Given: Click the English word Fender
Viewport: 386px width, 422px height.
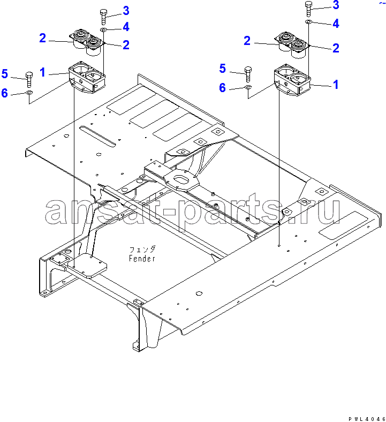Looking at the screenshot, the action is (x=142, y=258).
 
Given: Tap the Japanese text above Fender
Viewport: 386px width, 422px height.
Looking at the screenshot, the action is (x=142, y=250).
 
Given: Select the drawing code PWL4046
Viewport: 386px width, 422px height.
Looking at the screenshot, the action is (x=367, y=419).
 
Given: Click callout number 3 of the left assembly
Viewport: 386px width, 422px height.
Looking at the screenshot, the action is (x=126, y=11).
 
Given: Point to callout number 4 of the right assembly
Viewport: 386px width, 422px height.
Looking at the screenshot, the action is (x=336, y=24).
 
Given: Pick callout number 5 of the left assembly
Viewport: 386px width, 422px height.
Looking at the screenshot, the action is (x=5, y=74).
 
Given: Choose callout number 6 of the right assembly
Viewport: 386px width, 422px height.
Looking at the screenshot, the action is (x=222, y=88).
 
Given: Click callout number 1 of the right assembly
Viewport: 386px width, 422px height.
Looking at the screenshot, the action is (x=336, y=85).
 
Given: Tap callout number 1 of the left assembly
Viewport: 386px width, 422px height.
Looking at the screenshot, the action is (x=42, y=72).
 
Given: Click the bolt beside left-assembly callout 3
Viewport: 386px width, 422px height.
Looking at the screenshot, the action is (x=103, y=17).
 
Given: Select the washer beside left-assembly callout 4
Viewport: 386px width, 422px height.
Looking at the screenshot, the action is (x=103, y=29).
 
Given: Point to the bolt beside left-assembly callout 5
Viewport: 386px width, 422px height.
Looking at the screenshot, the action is (x=29, y=79).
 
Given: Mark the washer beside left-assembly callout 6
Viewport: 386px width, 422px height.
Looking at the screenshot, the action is (x=29, y=93).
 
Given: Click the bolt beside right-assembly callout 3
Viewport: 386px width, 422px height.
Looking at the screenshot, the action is (x=308, y=9).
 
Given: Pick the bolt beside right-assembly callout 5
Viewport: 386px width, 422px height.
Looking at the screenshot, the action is (x=248, y=74).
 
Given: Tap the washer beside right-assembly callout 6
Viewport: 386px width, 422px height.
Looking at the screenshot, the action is (x=248, y=87).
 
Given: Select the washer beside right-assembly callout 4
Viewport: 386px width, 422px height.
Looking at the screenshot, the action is (x=308, y=21).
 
